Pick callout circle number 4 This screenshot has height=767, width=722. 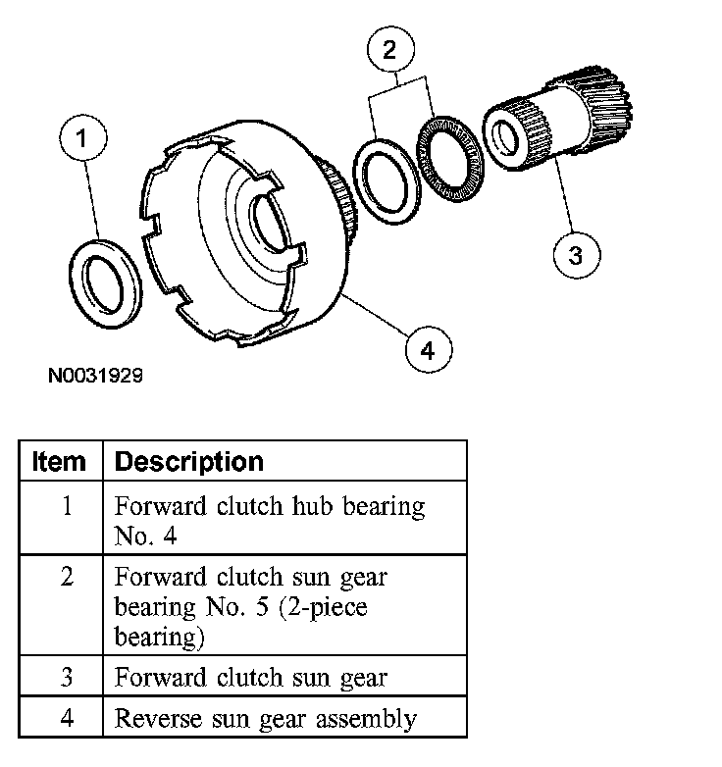point(427,348)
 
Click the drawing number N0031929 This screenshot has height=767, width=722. point(99,375)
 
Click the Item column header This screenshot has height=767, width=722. point(60,461)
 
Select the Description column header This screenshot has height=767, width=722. point(189,461)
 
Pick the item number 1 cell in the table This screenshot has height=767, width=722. point(67,508)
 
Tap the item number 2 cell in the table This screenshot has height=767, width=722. point(67,577)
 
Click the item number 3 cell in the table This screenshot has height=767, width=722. point(67,677)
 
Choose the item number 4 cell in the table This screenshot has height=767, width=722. point(67,717)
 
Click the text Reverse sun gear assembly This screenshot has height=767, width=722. point(265,718)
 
